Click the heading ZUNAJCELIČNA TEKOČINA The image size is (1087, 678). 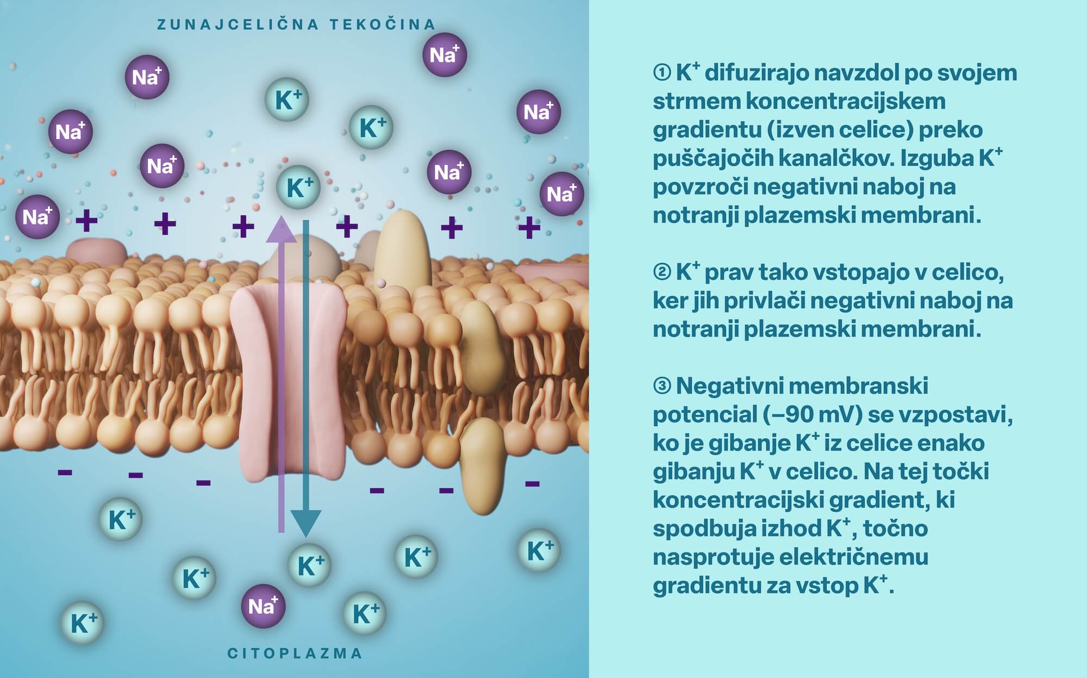point(296,24)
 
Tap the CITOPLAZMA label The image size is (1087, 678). point(295,653)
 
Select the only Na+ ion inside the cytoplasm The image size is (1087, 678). point(263,606)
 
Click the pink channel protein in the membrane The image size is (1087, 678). point(288,381)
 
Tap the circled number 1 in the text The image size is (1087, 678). point(661,73)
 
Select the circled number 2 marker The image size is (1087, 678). point(661,272)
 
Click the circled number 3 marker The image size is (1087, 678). point(661,386)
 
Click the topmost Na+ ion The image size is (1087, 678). point(445,54)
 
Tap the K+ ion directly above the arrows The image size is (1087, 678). point(298,188)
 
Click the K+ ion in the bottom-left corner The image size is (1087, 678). point(83,623)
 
